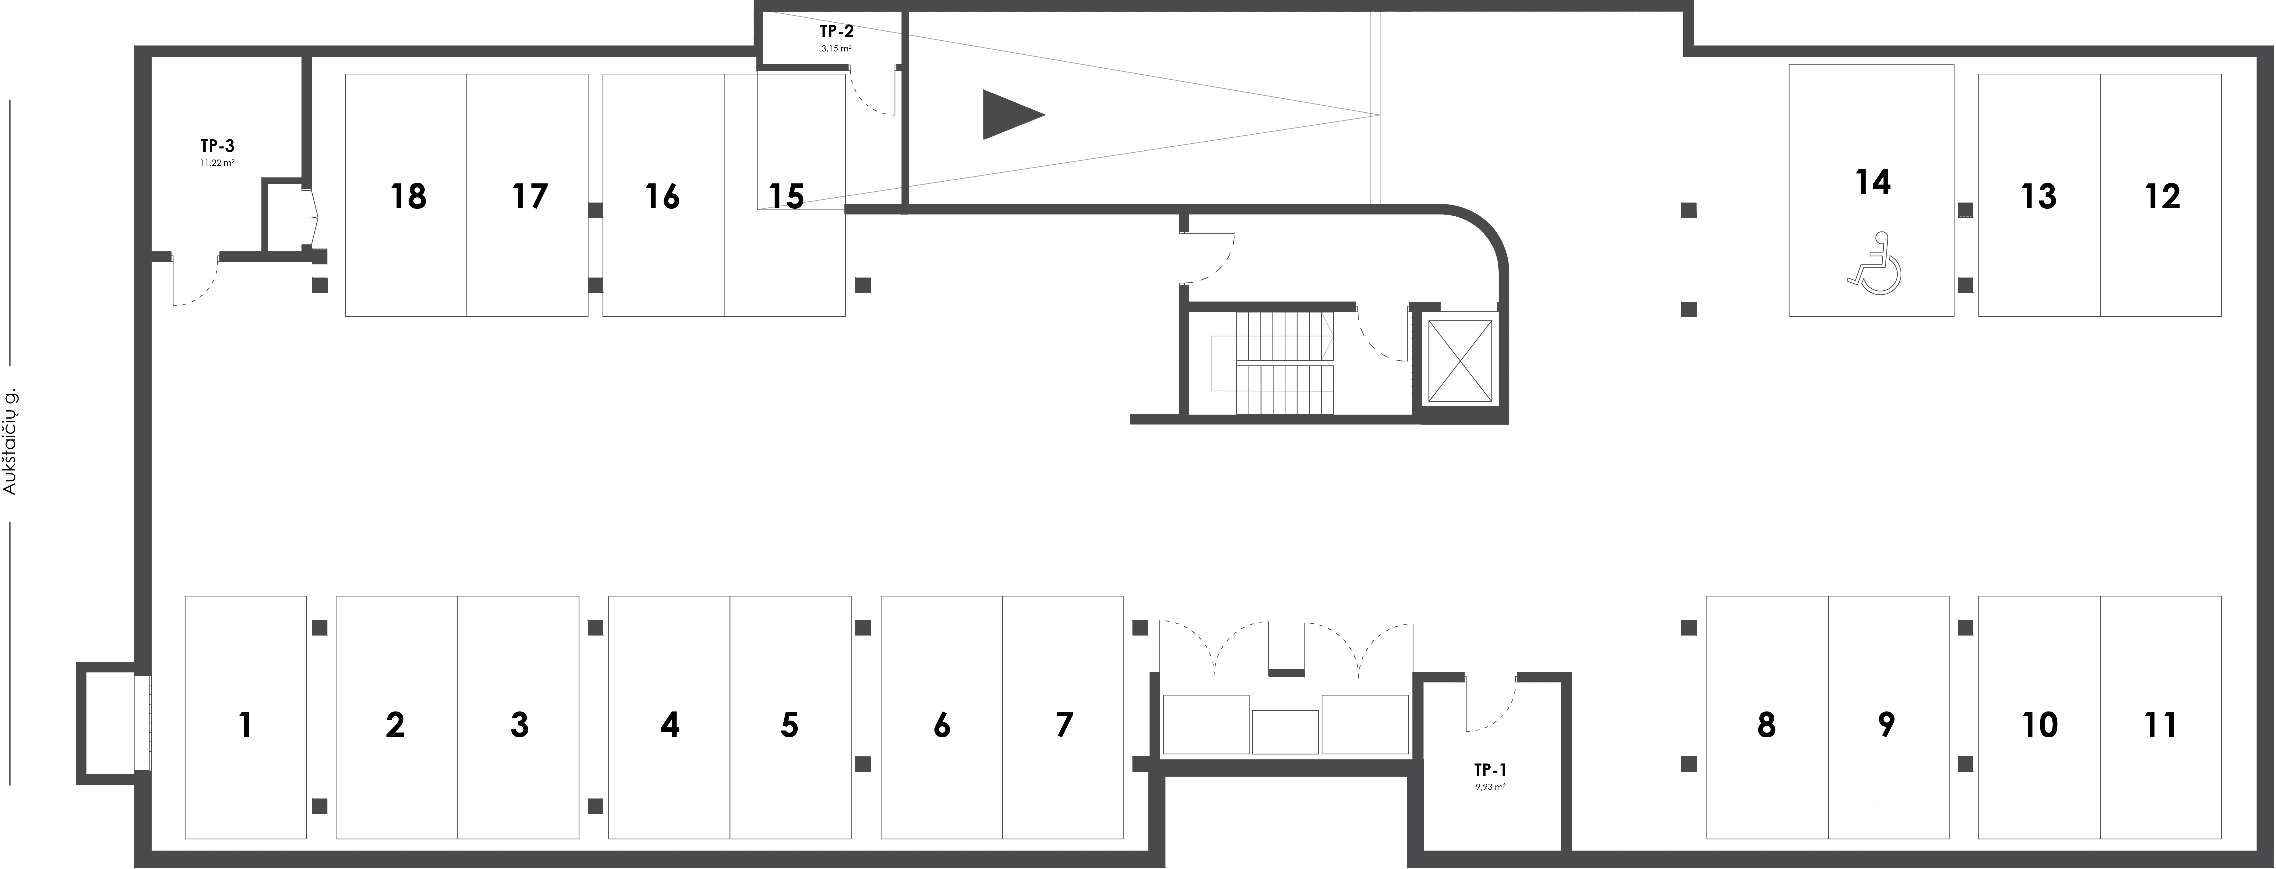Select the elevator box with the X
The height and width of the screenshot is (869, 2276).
coord(1460,362)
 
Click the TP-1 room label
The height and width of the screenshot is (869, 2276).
coord(1490,769)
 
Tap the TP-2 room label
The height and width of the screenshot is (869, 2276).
coord(836,32)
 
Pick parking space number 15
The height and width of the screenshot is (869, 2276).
coord(785,195)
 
